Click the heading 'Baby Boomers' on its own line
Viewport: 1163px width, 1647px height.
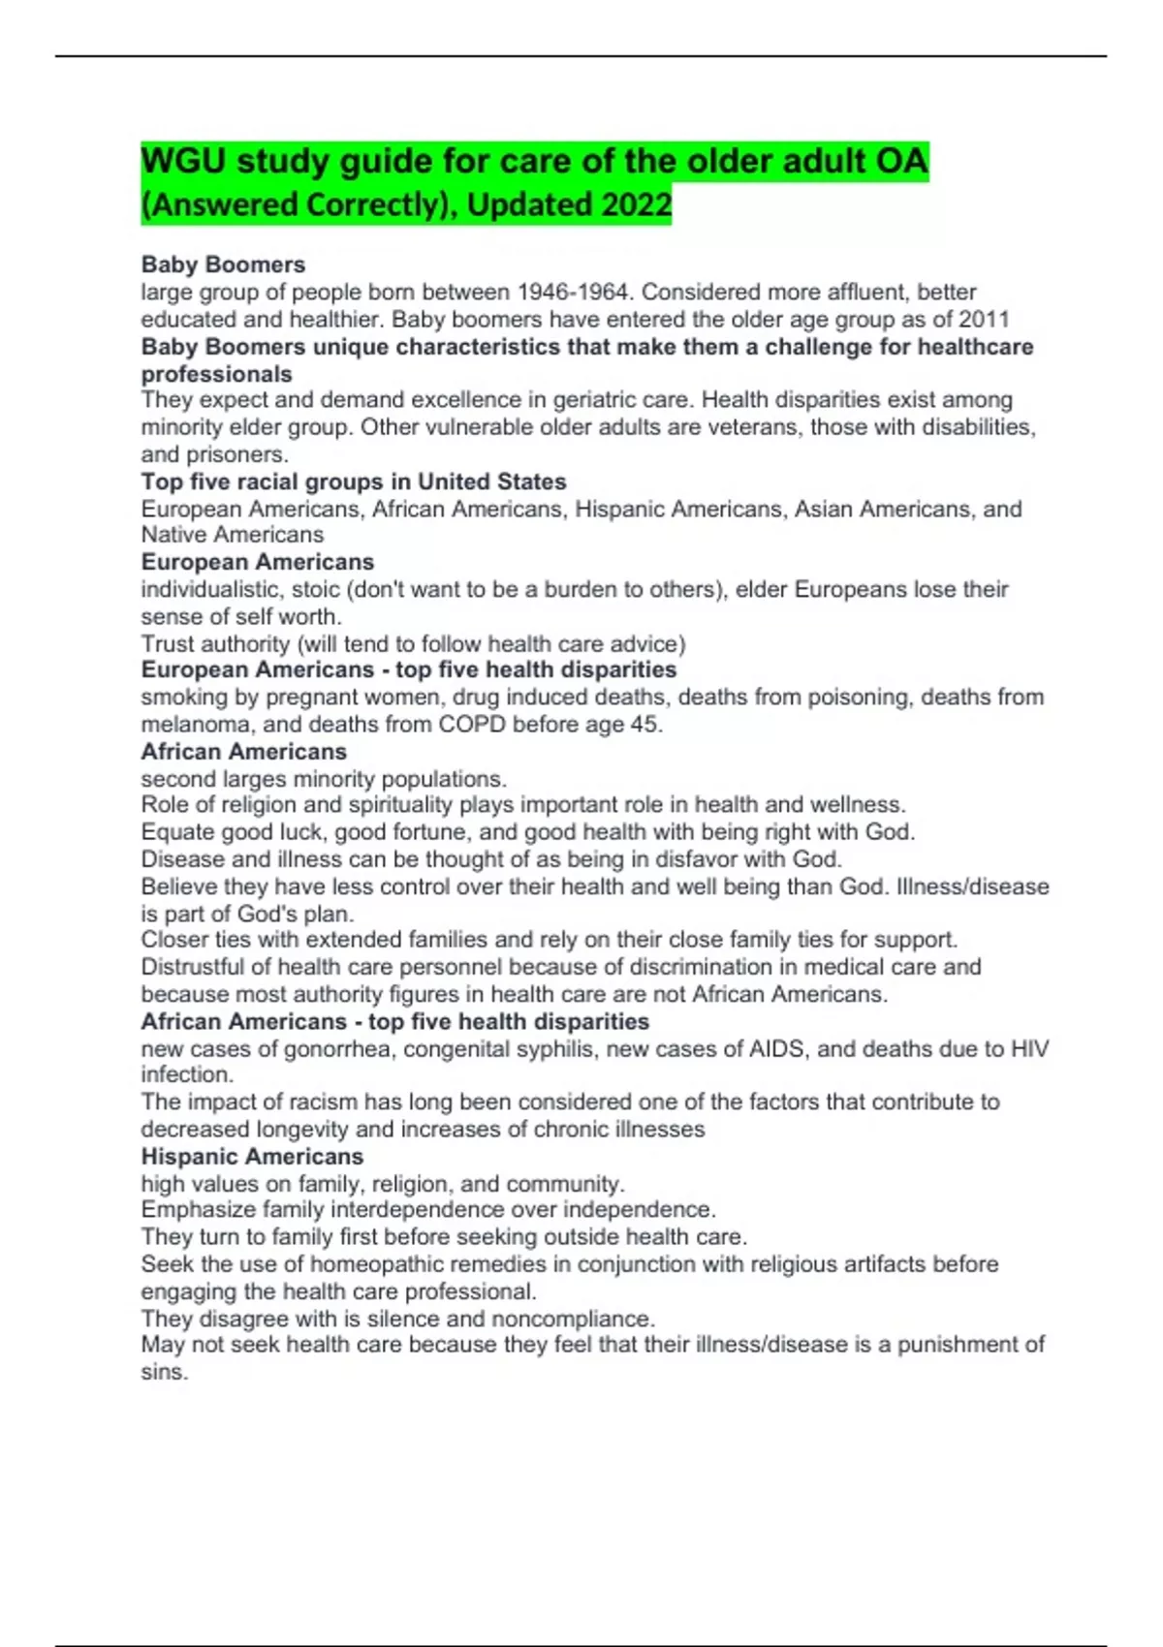223,264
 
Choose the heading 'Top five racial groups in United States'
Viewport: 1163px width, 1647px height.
354,482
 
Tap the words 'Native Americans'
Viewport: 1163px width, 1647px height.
233,535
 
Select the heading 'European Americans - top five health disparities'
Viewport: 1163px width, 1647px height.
408,670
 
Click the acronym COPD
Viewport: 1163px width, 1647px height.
472,725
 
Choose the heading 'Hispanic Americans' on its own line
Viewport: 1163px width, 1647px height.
252,1157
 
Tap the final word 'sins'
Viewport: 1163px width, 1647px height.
163,1373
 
